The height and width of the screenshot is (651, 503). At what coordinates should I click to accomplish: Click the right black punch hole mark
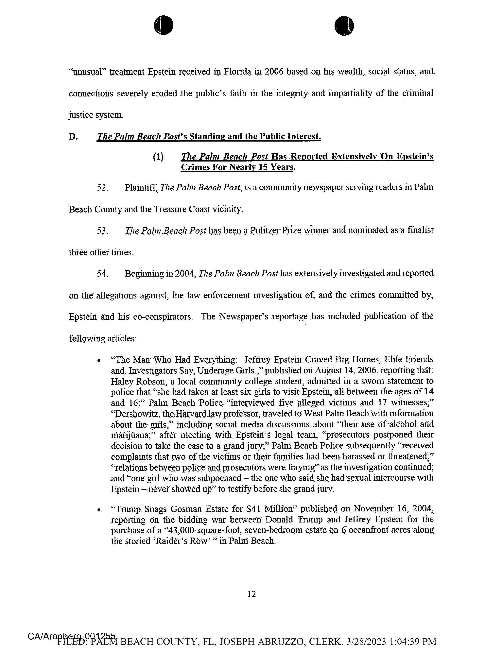coord(344,26)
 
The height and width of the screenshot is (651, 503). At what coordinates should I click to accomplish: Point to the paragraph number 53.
coord(102,231)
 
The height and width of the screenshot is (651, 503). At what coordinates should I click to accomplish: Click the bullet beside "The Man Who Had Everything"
coord(99,361)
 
